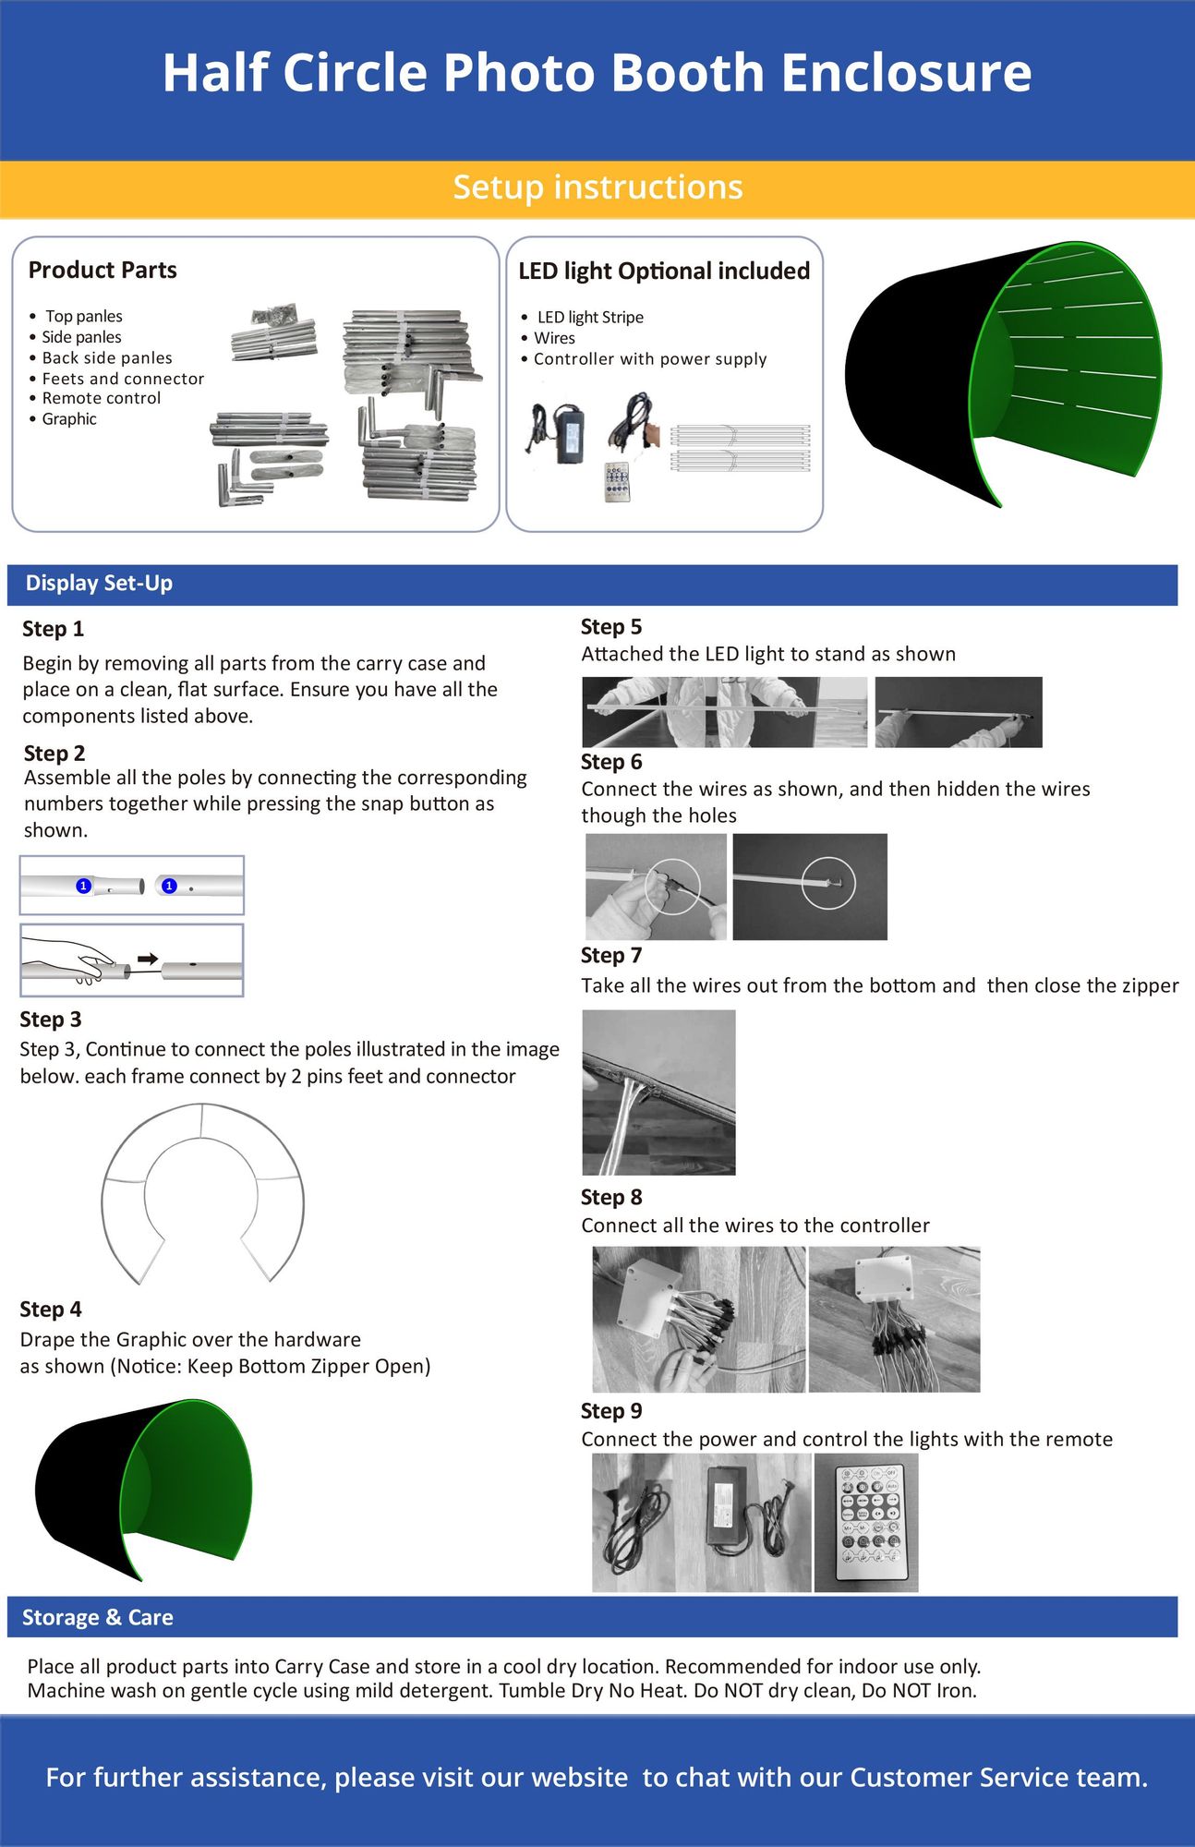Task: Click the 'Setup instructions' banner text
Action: [597, 187]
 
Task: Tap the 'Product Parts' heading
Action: [103, 270]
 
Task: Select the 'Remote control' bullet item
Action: [101, 398]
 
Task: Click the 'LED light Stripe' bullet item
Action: [589, 317]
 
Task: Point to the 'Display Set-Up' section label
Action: [99, 584]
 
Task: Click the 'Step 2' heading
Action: [54, 753]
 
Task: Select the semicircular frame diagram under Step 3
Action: [202, 1191]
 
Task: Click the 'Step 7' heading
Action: [611, 956]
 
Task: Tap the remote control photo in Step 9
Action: [865, 1522]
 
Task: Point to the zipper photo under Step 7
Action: [658, 1092]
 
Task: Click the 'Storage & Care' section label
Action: [98, 1617]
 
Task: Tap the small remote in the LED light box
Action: [617, 481]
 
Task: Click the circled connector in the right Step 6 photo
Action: [828, 884]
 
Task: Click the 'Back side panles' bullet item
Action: [107, 357]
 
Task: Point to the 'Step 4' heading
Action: [51, 1310]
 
